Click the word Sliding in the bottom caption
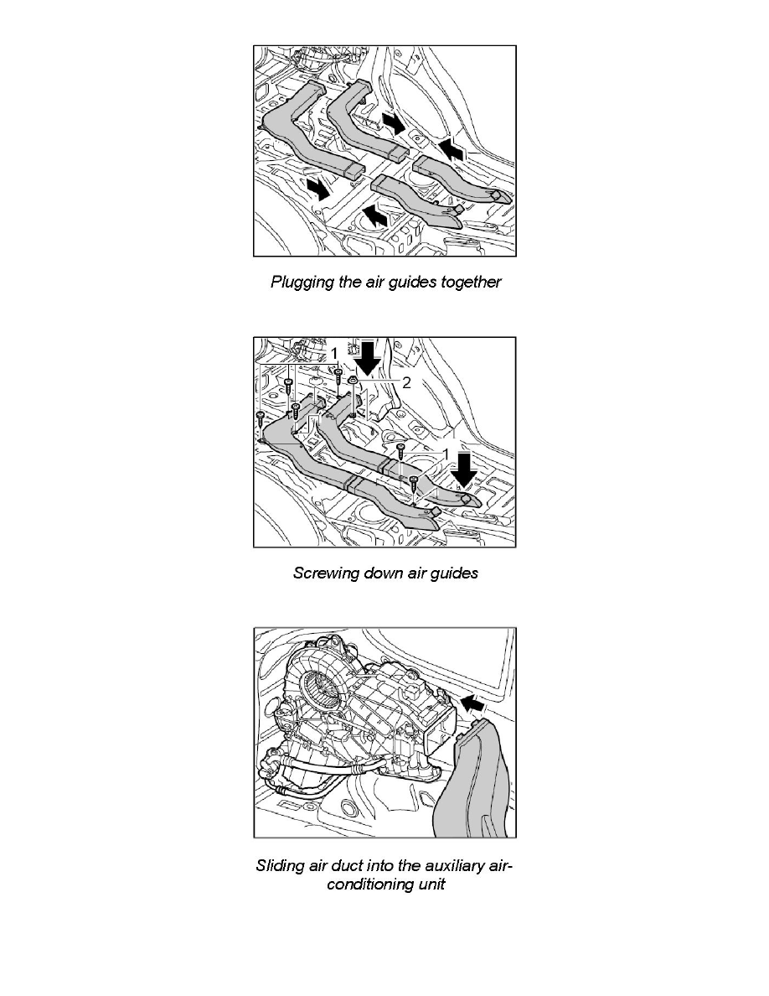pyautogui.click(x=280, y=866)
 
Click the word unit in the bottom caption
pyautogui.click(x=430, y=885)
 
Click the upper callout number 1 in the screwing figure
pyautogui.click(x=333, y=355)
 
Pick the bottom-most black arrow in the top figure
pyautogui.click(x=377, y=219)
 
